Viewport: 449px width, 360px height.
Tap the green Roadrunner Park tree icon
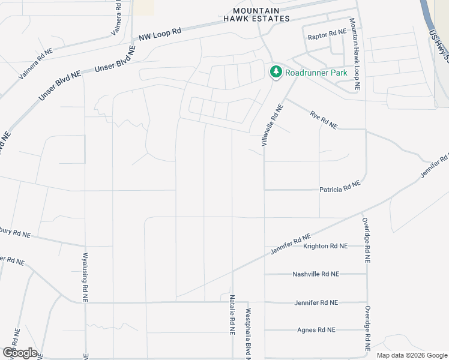[x=276, y=73]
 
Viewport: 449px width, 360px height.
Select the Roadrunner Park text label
[x=316, y=73]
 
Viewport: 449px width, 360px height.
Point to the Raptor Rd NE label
[x=327, y=37]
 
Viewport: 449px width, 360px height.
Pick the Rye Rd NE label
[x=324, y=119]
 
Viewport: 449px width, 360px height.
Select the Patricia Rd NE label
[x=339, y=189]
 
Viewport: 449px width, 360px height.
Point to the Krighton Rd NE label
[x=325, y=246]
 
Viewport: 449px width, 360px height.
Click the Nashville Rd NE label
[x=316, y=274]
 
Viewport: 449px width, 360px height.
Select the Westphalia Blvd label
[x=247, y=334]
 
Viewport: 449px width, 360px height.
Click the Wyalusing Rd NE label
[x=84, y=277]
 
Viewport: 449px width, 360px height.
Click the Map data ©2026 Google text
[x=412, y=355]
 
